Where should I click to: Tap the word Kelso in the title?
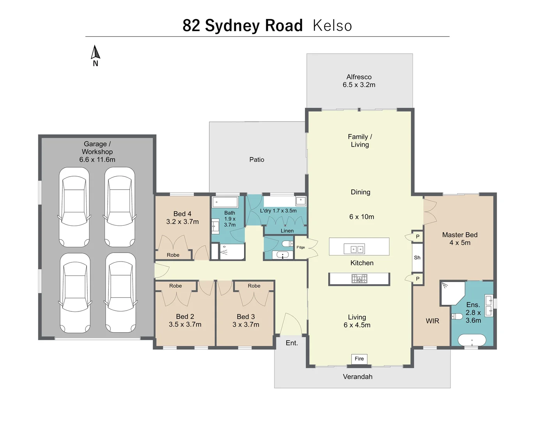(x=332, y=26)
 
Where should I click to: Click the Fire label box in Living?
(x=359, y=359)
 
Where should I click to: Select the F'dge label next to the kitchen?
(x=301, y=247)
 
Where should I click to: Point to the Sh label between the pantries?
(x=417, y=258)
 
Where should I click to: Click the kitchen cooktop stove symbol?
(x=359, y=279)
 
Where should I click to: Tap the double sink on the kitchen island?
(x=354, y=249)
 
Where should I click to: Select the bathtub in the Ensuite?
(x=472, y=340)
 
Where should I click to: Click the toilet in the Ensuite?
(x=457, y=316)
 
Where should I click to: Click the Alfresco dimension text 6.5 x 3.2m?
(x=359, y=85)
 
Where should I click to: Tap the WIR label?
(x=432, y=321)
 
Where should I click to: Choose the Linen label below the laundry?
(x=287, y=231)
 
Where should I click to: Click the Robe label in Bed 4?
(x=173, y=255)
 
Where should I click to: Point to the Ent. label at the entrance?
(x=292, y=343)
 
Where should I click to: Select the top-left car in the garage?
(x=74, y=207)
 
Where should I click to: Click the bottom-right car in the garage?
(x=120, y=293)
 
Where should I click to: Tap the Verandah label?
(x=358, y=377)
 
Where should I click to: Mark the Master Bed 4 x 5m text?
(x=460, y=239)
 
